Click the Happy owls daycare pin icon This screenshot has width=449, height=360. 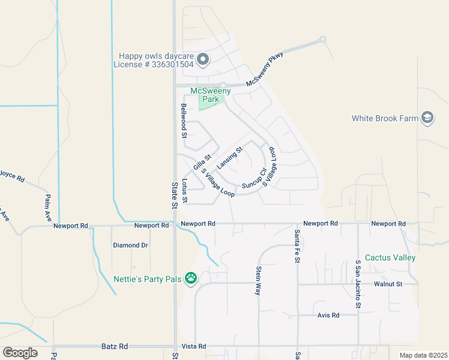203,59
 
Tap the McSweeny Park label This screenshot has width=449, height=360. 206,95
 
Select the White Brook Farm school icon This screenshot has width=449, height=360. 427,118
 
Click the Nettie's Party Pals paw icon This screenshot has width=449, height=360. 191,278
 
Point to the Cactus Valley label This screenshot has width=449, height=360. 390,257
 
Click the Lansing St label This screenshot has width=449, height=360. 229,158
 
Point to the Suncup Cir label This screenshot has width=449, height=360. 254,179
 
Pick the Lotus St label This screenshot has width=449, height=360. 185,191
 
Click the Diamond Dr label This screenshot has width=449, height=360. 130,245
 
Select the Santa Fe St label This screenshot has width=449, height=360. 297,246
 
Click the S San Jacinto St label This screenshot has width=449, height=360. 358,284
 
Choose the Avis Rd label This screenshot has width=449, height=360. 328,315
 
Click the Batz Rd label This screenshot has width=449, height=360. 115,347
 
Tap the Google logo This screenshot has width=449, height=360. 20,352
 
